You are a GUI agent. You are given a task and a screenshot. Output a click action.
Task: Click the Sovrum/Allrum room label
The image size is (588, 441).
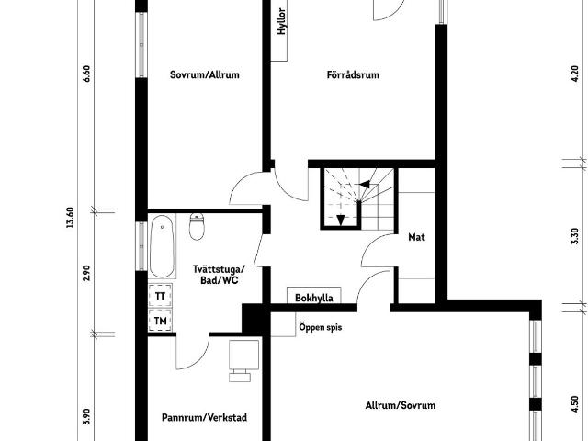[205, 74]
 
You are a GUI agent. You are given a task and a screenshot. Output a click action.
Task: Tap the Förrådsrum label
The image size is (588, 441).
[353, 75]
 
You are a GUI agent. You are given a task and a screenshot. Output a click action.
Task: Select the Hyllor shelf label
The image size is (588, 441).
[282, 22]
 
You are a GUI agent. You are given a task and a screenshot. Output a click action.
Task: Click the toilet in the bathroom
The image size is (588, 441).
[197, 227]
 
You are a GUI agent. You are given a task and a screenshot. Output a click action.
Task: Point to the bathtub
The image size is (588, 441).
[162, 246]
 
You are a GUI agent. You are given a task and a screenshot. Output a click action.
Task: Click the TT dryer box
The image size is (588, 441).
[160, 296]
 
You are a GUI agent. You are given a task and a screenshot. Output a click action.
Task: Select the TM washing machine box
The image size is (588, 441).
[160, 321]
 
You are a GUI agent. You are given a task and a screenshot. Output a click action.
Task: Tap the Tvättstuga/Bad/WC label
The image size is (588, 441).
[219, 275]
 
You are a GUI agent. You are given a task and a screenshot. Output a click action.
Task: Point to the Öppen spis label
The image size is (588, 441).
[321, 327]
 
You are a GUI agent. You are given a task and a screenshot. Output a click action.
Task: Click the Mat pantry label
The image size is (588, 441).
[416, 237]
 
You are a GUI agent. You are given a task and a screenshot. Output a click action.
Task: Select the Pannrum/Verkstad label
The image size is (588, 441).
[204, 417]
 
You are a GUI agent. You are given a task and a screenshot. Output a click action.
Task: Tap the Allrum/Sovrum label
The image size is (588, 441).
[401, 405]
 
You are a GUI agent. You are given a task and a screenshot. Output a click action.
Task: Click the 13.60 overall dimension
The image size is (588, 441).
[70, 219]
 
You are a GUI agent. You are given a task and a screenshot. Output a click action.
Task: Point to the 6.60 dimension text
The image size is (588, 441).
[86, 73]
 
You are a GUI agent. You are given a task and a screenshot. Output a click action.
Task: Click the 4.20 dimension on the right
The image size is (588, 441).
[576, 73]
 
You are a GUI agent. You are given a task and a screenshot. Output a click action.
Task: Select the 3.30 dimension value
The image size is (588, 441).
[576, 236]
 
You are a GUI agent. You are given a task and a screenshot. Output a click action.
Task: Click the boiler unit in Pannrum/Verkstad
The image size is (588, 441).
[243, 356]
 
